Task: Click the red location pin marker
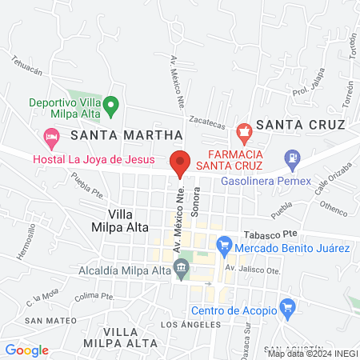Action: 180,162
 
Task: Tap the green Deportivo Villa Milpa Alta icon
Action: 113,103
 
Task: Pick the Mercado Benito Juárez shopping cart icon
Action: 225,241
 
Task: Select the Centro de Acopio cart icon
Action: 289,307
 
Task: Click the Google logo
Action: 26,350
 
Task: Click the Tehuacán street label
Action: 26,65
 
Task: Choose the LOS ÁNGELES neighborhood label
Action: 190,324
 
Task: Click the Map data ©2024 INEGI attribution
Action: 311,354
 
